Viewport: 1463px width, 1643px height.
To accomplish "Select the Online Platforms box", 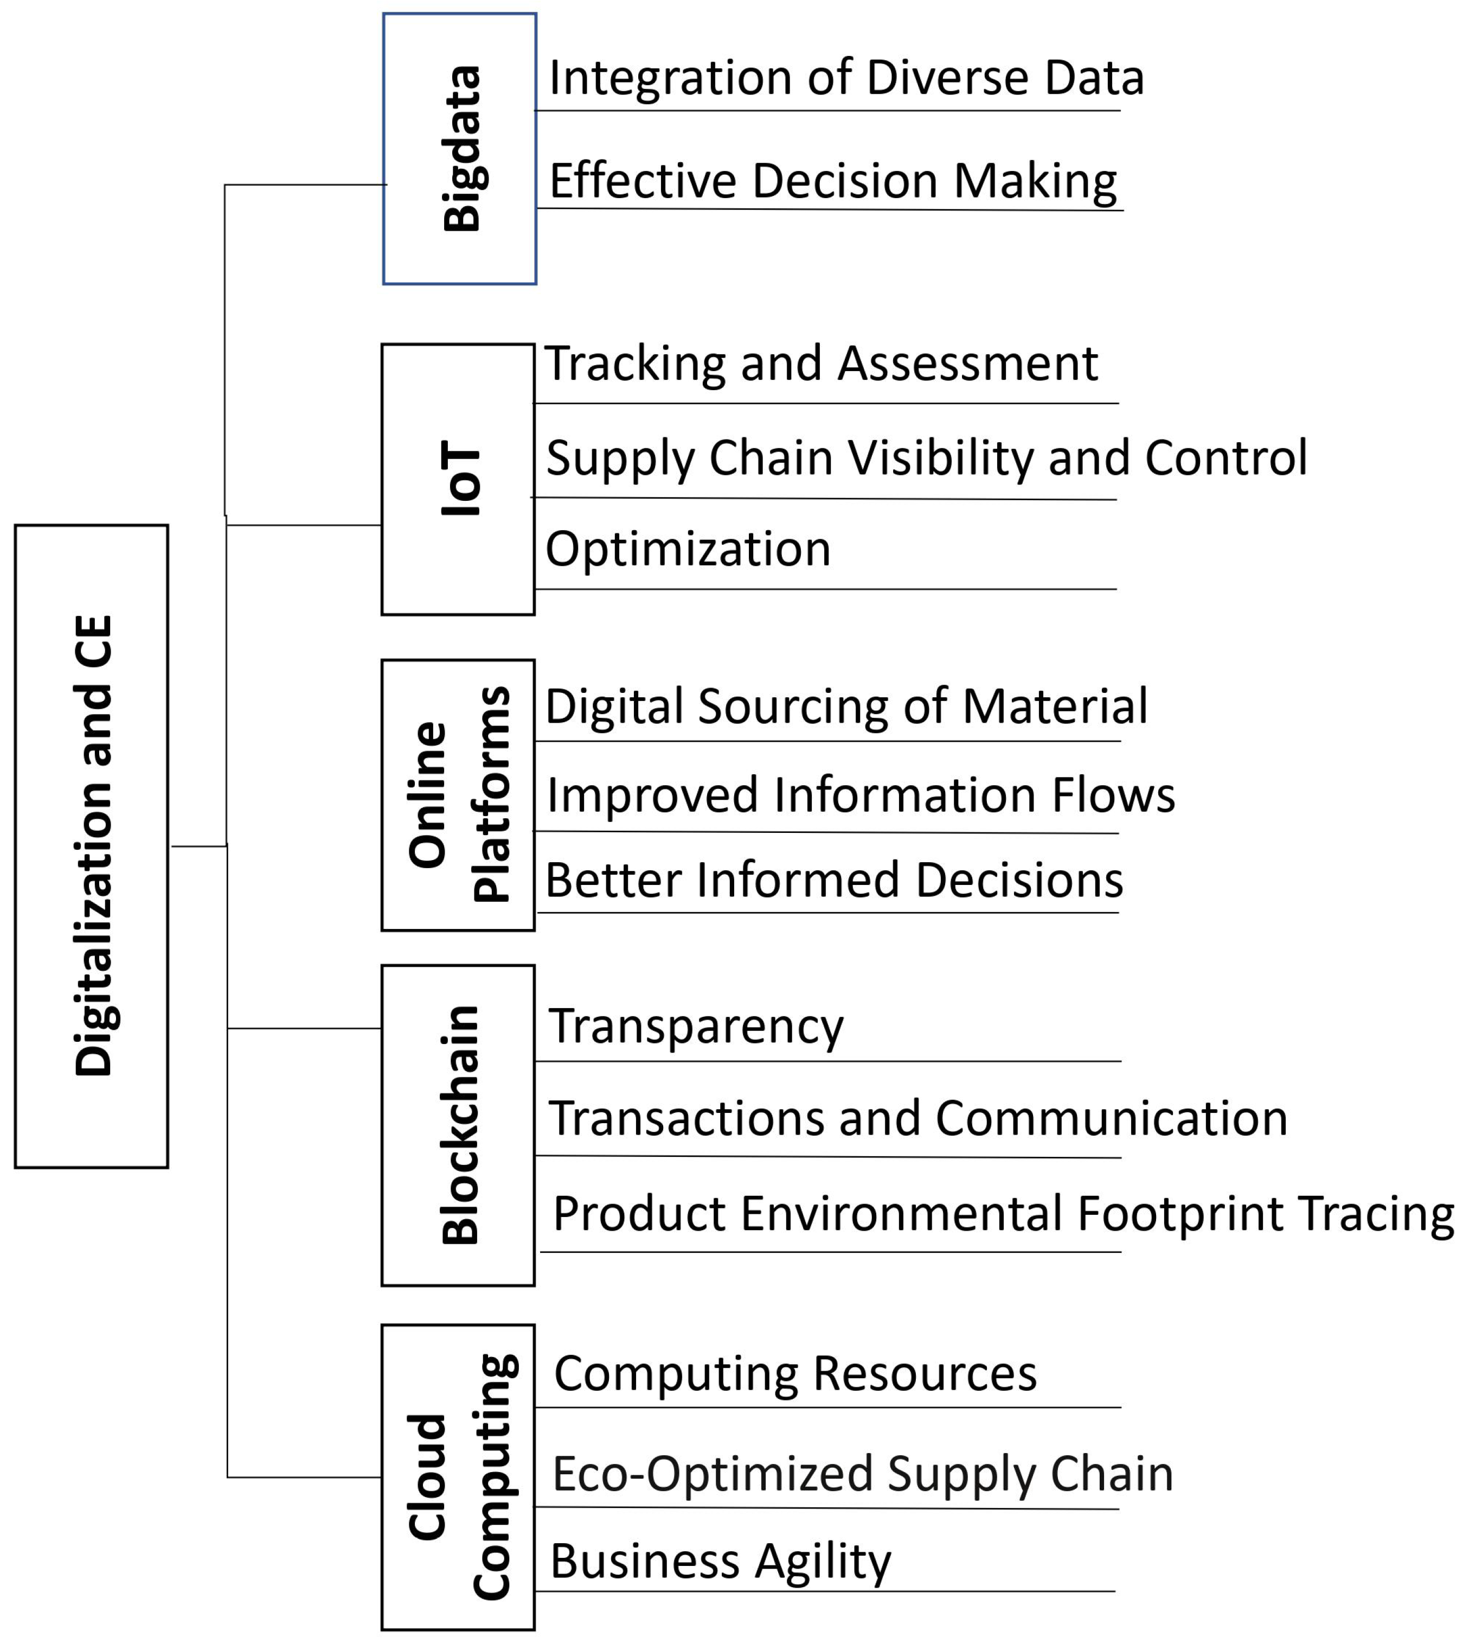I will point(458,794).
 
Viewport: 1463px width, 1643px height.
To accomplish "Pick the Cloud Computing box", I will point(458,1478).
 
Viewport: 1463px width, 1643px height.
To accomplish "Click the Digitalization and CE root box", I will point(92,846).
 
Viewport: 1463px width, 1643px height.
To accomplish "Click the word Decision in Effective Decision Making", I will point(845,180).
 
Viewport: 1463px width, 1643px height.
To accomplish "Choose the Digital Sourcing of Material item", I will point(846,706).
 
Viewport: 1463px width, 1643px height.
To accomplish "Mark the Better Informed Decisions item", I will point(833,880).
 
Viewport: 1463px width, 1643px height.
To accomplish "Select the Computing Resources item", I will point(795,1373).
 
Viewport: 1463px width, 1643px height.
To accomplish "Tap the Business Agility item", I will point(720,1561).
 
